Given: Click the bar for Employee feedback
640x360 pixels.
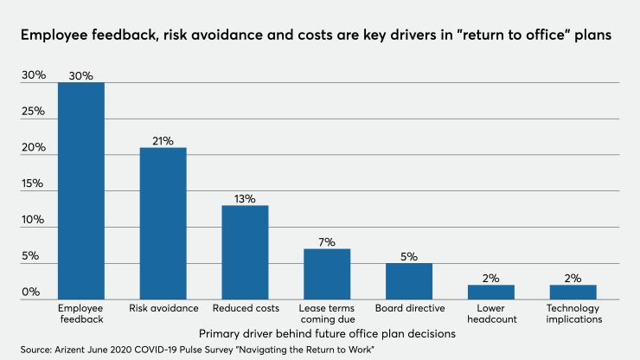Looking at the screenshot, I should (80, 190).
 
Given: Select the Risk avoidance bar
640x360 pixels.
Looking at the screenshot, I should (163, 223).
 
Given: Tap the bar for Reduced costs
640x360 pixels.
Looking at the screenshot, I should (245, 252).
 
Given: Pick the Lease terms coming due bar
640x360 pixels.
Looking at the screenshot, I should (326, 273).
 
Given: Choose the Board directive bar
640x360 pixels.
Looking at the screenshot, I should (408, 280).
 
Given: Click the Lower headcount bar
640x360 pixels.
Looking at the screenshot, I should (490, 292).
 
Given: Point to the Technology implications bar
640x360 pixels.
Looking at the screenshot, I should (573, 292).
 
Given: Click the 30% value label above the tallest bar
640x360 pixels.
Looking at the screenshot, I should (80, 74).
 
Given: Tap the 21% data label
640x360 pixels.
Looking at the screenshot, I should (163, 140).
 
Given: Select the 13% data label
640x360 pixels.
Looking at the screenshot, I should (245, 198).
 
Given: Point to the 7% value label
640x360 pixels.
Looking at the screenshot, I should (326, 241).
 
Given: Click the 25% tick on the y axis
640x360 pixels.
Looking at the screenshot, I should (34, 112).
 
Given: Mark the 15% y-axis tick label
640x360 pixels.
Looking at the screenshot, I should (34, 183).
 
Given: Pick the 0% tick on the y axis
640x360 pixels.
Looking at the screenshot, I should (31, 292).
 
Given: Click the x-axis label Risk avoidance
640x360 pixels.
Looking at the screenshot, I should (163, 308).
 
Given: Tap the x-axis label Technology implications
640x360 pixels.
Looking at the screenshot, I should (573, 313).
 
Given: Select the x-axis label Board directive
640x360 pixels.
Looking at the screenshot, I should (408, 308).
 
